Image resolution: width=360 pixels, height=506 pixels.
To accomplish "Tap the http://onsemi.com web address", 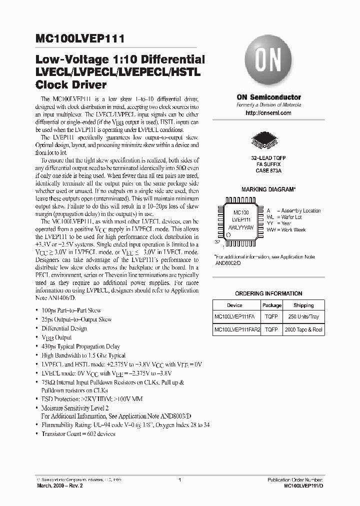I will (x=268, y=113).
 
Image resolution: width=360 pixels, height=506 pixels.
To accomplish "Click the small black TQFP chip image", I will (x=268, y=139).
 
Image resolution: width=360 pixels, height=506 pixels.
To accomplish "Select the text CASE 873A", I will (x=268, y=170).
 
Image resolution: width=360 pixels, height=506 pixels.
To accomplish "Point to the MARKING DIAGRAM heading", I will (x=268, y=190).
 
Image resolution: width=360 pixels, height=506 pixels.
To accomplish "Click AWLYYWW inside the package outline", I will (x=241, y=227).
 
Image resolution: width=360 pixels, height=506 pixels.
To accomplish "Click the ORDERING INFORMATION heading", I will (x=268, y=293).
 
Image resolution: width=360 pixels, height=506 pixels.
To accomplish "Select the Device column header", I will (x=234, y=305).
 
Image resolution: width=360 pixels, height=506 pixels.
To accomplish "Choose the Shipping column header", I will (x=303, y=305).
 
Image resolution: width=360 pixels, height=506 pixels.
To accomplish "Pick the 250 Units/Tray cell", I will (x=303, y=317).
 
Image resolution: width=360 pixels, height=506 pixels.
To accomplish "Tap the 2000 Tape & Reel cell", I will (x=303, y=329).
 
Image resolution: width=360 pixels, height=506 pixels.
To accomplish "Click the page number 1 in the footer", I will (x=179, y=480).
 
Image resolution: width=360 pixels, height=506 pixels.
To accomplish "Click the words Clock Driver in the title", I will (x=71, y=84).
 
